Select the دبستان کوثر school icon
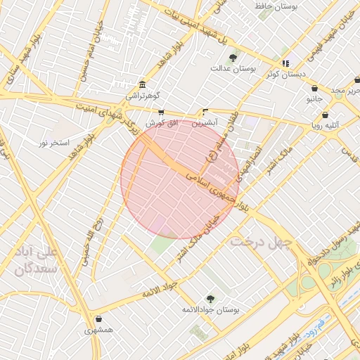(285, 63)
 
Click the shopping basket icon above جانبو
(314, 89)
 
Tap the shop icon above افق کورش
(161, 112)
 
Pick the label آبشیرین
(205, 122)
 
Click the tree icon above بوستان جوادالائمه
(210, 299)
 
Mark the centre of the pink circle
(180, 179)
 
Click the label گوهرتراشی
(143, 94)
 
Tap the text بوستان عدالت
(232, 68)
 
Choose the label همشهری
(98, 330)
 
